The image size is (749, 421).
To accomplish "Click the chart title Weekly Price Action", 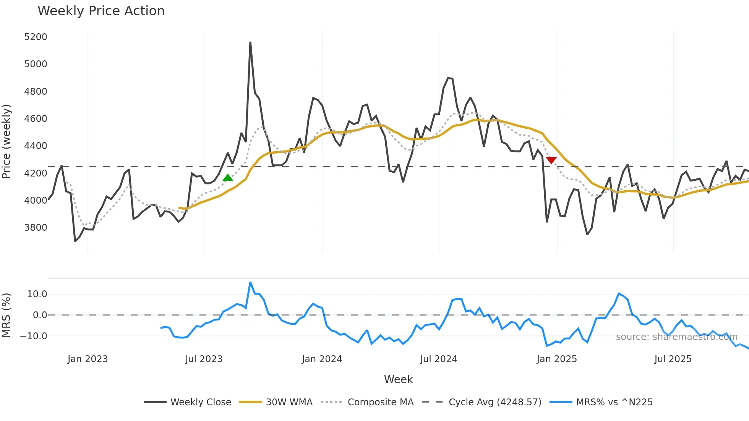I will (101, 11).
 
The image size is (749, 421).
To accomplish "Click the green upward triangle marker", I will (228, 178).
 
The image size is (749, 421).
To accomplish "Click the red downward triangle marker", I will (551, 160).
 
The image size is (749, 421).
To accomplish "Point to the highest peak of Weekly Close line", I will (250, 42).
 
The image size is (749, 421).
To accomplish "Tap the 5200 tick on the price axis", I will (36, 37).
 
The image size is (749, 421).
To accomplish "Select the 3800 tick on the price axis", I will (36, 228).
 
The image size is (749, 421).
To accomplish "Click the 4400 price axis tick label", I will (36, 146).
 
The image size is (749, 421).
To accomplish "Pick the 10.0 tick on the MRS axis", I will (37, 294).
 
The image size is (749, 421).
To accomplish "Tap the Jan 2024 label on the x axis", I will (322, 359).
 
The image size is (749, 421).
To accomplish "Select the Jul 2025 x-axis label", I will (673, 359).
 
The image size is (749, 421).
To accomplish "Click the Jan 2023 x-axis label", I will (88, 359).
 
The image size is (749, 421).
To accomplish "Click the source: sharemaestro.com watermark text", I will (676, 337).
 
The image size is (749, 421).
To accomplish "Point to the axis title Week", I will (398, 379).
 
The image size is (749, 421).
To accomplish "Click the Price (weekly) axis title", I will (6, 141).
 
